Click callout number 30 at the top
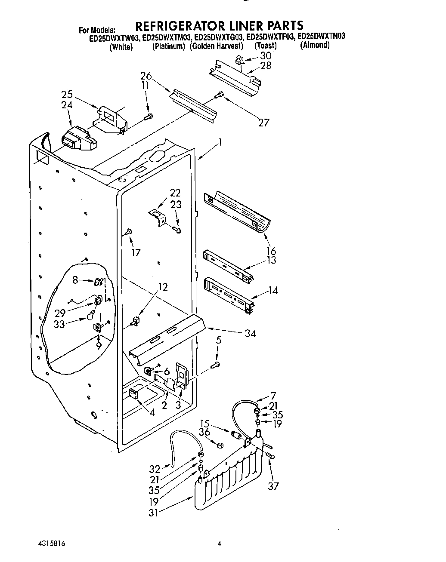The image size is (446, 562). pyautogui.click(x=266, y=55)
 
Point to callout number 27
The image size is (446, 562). pyautogui.click(x=263, y=123)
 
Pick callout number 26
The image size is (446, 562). pyautogui.click(x=146, y=77)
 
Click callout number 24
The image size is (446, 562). pyautogui.click(x=67, y=105)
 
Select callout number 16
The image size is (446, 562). pyautogui.click(x=271, y=251)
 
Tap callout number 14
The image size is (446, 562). pyautogui.click(x=273, y=290)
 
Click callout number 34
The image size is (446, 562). pyautogui.click(x=250, y=333)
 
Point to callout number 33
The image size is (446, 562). pyautogui.click(x=59, y=324)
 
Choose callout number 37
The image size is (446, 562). pyautogui.click(x=273, y=486)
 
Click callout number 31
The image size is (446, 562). pyautogui.click(x=154, y=512)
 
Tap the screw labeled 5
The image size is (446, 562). pyautogui.click(x=216, y=365)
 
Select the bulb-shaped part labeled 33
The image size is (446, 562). pyautogui.click(x=91, y=316)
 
